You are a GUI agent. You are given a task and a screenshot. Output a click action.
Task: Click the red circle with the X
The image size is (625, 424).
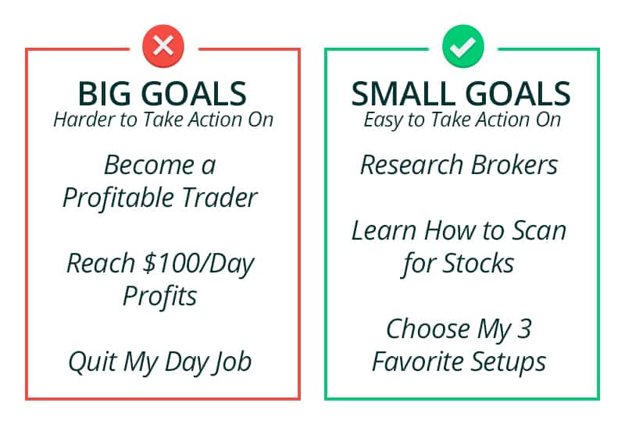[x=163, y=46]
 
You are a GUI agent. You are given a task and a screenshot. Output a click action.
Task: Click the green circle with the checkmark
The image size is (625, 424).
[x=463, y=46]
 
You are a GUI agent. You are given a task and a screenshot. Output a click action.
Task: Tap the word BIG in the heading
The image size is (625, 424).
[x=104, y=94]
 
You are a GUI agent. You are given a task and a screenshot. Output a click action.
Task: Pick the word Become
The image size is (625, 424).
[x=148, y=165]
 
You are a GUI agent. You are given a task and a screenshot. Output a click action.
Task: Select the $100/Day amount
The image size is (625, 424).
[x=198, y=264]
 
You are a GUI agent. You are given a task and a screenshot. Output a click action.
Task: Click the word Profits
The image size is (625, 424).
[x=160, y=297]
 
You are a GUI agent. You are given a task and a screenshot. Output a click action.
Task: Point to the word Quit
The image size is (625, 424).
[x=92, y=362]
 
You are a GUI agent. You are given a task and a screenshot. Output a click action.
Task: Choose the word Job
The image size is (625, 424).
[x=233, y=362]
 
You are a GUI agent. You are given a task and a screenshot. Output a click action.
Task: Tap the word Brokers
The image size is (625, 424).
[x=514, y=165]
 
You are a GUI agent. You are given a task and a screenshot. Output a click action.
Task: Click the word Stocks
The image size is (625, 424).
[x=479, y=264]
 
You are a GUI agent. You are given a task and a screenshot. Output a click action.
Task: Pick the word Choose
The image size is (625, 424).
[x=428, y=330]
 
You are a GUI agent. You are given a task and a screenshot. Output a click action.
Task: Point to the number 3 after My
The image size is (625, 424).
[x=524, y=330]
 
